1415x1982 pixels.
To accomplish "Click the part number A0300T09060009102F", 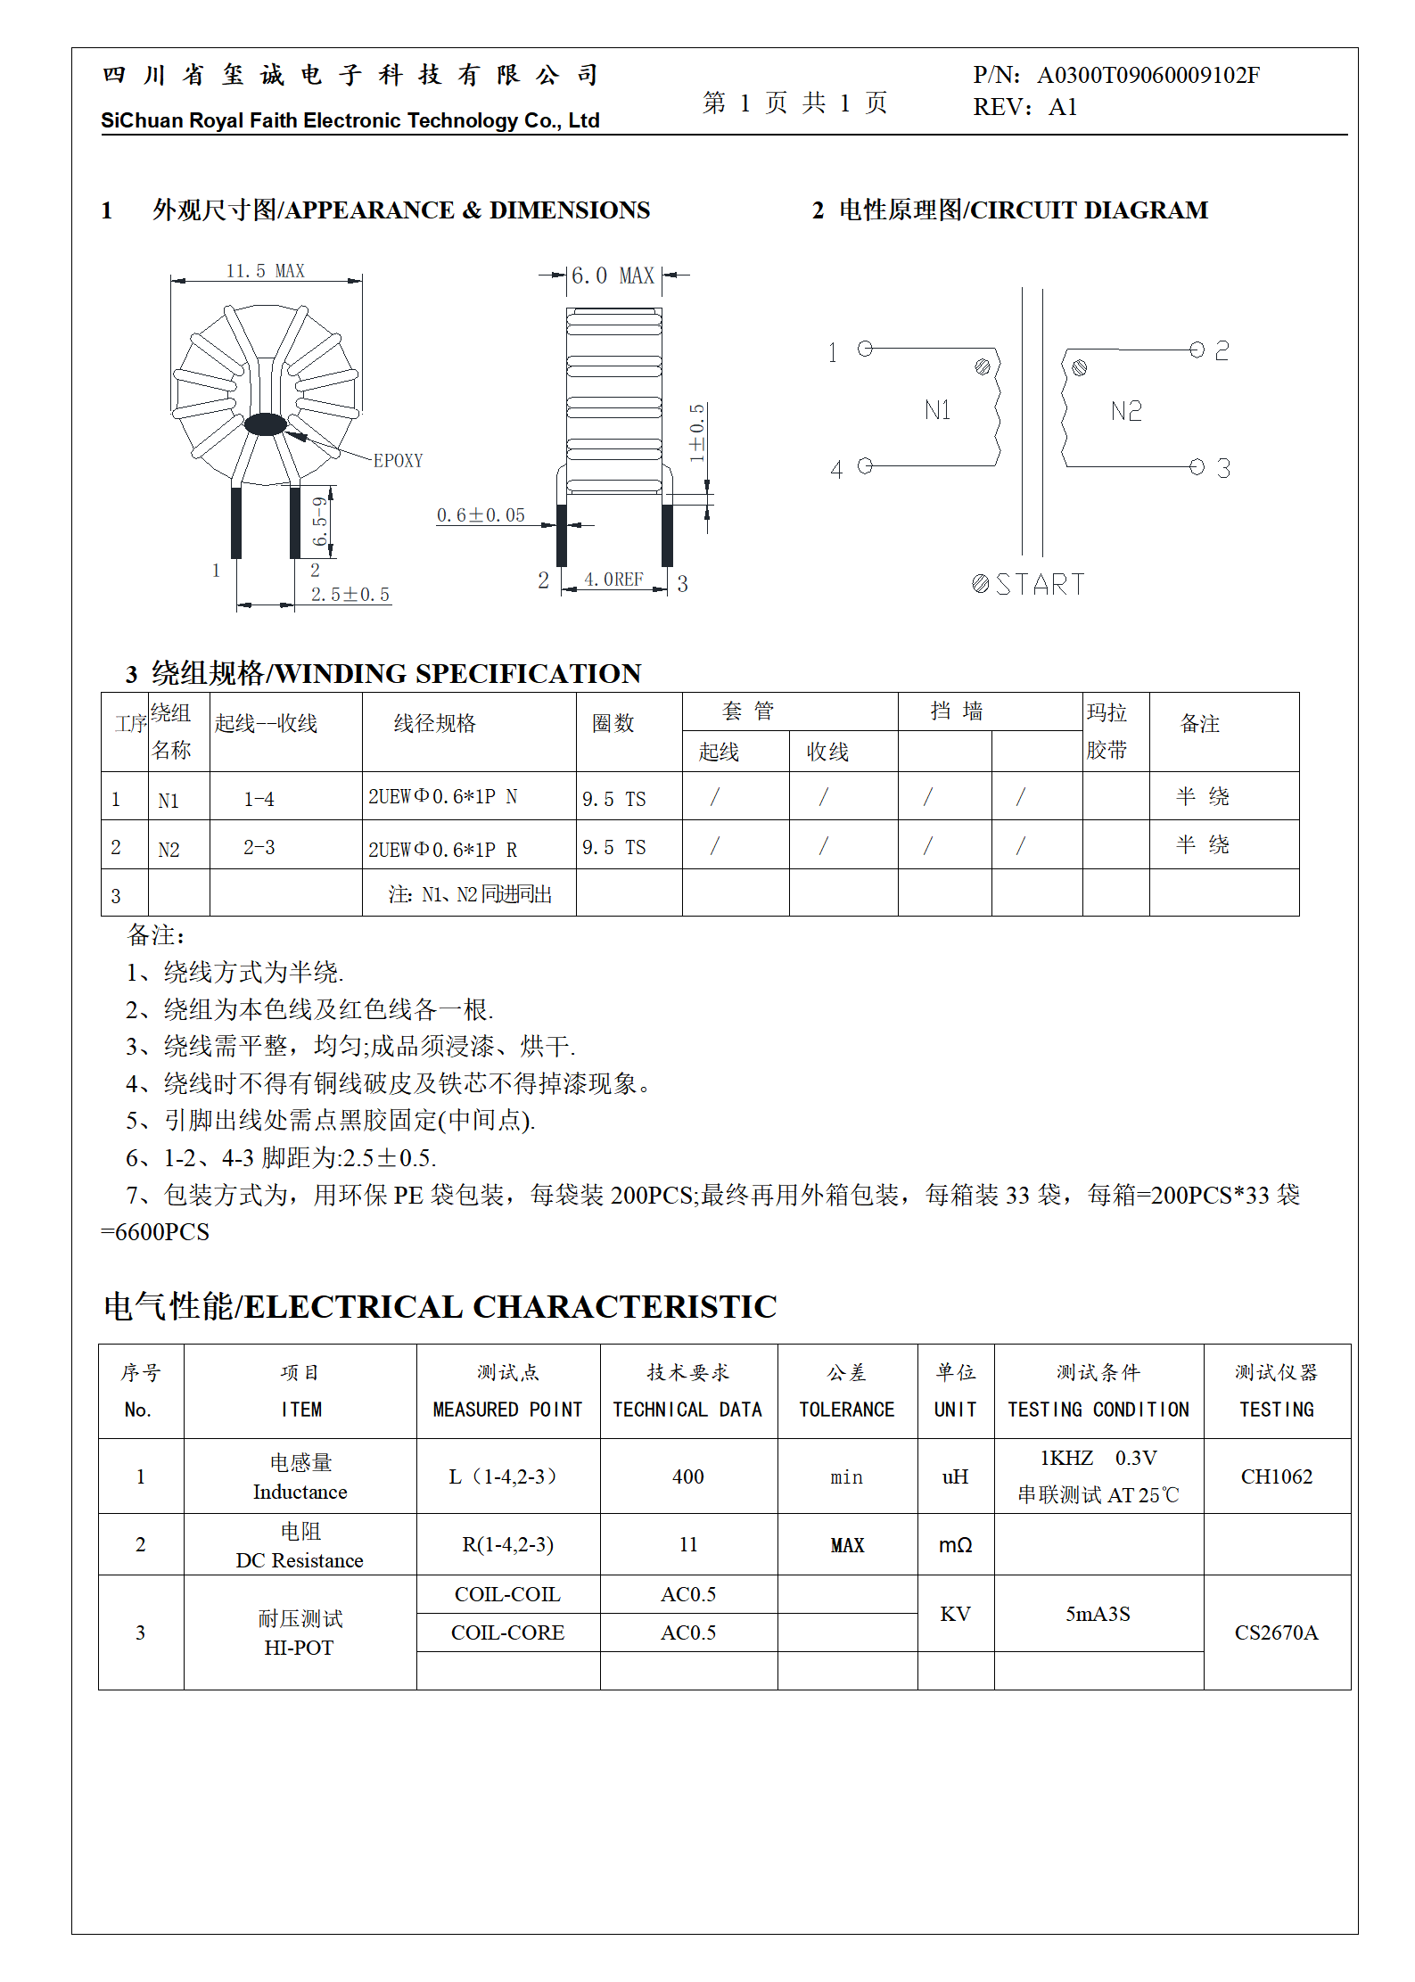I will point(1148,75).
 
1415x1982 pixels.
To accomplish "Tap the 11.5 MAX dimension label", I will point(265,271).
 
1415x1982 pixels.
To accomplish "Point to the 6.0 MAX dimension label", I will point(613,276).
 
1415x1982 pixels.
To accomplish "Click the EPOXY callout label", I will point(398,461).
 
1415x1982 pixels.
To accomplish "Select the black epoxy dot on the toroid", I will point(266,424).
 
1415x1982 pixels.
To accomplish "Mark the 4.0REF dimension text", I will point(613,580).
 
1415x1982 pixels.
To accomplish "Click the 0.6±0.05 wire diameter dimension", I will point(481,515).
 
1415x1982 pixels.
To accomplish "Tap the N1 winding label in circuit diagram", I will point(937,410).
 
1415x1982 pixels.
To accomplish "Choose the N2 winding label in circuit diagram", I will point(1126,411).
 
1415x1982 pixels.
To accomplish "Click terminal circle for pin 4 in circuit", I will point(864,465).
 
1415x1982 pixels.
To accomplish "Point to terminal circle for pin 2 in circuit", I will point(1197,350).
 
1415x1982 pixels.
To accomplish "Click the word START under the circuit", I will point(1040,585).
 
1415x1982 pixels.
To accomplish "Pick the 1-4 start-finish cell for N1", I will point(259,799).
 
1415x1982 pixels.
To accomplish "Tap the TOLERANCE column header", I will point(846,1410).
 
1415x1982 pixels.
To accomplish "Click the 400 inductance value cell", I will point(687,1476).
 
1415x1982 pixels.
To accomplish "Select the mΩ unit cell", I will point(955,1545).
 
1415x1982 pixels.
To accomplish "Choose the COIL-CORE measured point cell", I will point(507,1632).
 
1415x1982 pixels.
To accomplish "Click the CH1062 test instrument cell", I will point(1276,1476).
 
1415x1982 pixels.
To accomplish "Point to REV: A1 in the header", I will point(1025,108).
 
